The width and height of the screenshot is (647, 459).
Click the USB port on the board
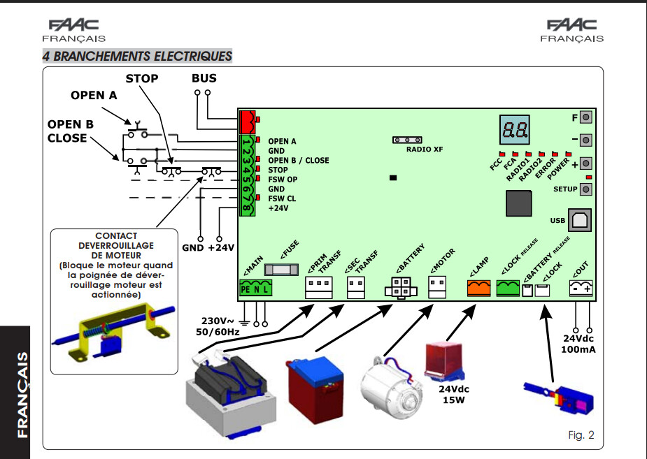pos(580,220)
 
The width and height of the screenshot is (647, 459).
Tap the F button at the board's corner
pos(586,117)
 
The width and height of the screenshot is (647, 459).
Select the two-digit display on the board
pos(514,130)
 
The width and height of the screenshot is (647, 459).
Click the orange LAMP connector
pos(478,288)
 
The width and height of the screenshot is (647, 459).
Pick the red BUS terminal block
pos(248,122)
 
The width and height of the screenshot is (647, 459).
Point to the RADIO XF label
pos(424,149)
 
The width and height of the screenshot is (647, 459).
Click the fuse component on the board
pos(281,270)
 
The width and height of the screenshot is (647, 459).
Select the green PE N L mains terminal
pos(256,288)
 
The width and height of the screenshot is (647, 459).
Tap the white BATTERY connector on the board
pos(401,287)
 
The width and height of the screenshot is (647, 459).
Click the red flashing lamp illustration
pos(445,361)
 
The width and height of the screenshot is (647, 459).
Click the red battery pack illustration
pos(315,389)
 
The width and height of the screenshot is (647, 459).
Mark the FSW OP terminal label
pos(283,180)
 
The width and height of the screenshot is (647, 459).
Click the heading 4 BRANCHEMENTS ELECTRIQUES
pos(137,56)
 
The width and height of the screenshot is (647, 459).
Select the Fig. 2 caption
pos(581,435)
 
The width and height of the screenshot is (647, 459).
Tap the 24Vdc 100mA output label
pos(578,344)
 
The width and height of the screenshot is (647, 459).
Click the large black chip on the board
pos(519,203)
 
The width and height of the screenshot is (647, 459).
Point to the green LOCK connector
pos(508,288)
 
